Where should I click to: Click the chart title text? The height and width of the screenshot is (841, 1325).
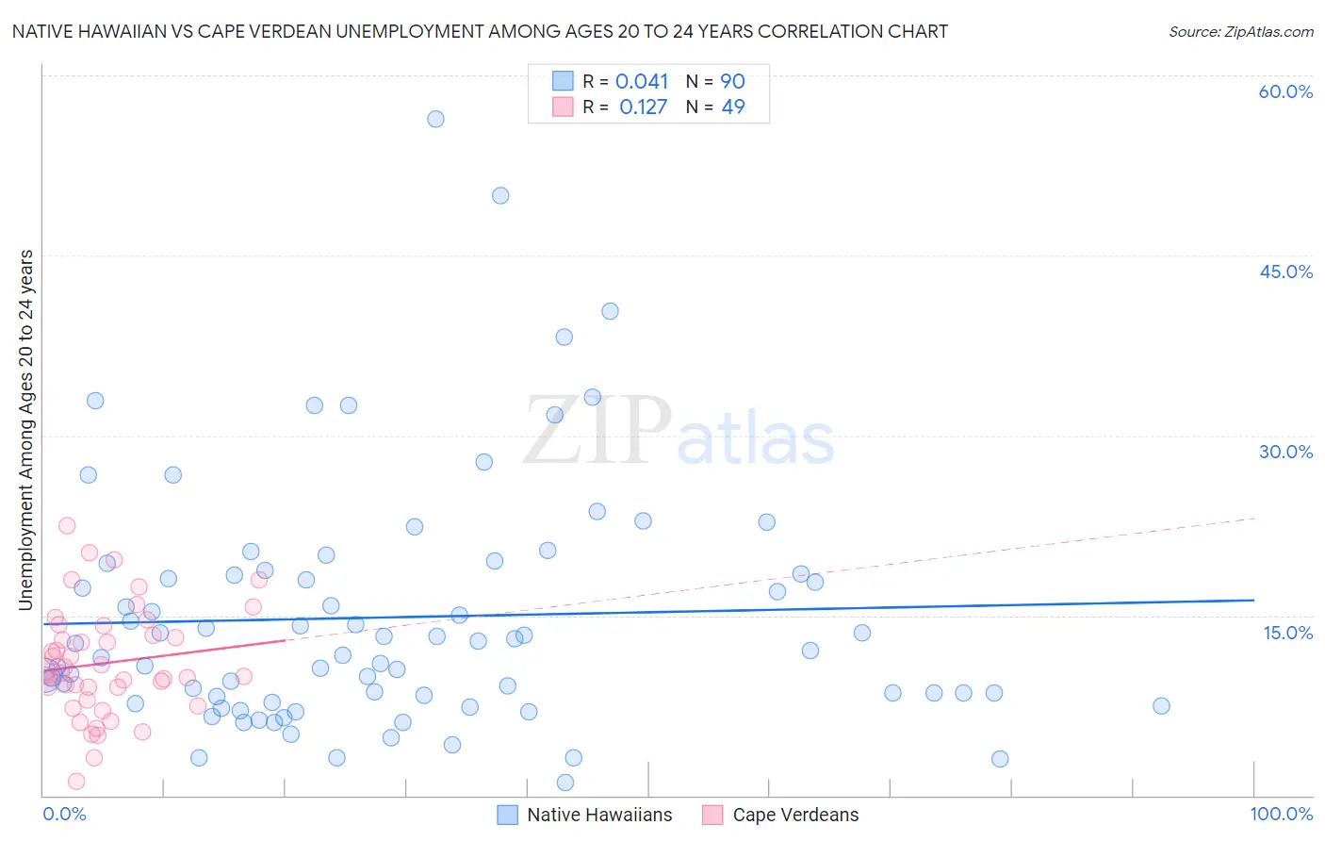point(480,31)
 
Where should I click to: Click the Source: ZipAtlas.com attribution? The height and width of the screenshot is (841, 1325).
point(1240,31)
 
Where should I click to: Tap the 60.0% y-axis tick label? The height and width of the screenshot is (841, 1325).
point(1285,91)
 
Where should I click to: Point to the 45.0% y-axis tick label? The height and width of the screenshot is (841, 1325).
point(1285,272)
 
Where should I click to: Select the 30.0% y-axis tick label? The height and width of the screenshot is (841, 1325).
point(1285,452)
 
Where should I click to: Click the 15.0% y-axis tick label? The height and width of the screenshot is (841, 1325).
point(1287,633)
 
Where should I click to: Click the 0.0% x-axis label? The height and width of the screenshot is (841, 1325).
point(64,814)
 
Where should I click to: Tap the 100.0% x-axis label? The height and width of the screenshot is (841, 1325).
point(1281,814)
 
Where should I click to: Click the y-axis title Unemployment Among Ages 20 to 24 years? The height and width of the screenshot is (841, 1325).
point(26,430)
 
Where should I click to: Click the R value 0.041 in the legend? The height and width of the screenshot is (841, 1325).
point(642,82)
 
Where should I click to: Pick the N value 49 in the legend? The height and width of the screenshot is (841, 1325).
point(733,107)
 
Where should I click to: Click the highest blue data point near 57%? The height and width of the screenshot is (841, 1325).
point(435,119)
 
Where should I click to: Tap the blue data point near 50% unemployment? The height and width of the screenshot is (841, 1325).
point(500,195)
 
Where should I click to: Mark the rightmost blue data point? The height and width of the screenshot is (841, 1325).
point(1161,706)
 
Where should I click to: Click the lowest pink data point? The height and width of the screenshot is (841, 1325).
point(76,781)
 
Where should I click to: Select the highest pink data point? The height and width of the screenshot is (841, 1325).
point(67,525)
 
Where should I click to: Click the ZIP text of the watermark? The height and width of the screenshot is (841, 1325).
point(597,431)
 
